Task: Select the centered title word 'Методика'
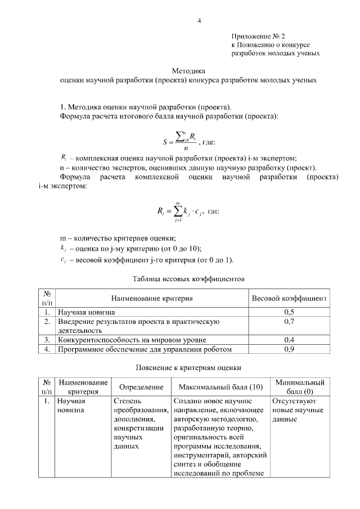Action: click(x=188, y=71)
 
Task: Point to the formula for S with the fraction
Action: click(x=181, y=141)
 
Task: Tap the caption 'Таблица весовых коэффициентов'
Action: click(x=188, y=278)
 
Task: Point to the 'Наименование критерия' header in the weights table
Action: click(x=152, y=298)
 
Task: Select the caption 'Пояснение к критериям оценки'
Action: click(x=188, y=368)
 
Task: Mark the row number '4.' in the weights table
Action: click(x=48, y=349)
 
